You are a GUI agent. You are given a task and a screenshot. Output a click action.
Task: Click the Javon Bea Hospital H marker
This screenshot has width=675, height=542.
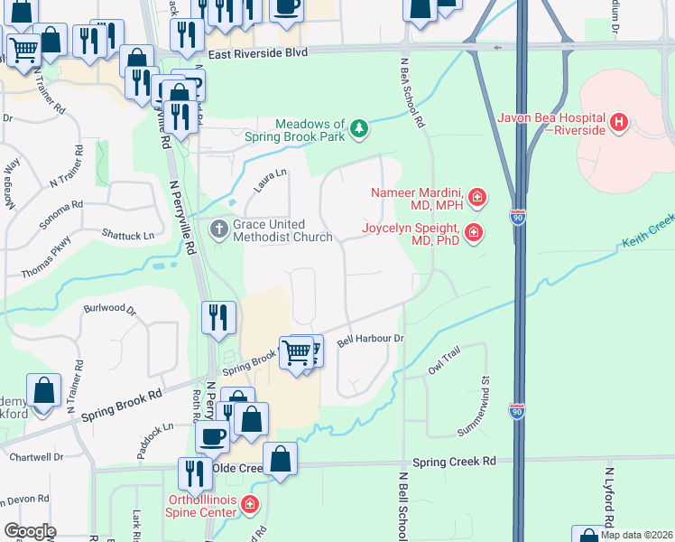[619, 121]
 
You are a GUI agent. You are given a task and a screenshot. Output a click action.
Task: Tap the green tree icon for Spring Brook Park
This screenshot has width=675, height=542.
[360, 129]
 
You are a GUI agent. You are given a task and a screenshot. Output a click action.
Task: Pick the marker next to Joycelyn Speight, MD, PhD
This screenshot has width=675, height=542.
[474, 234]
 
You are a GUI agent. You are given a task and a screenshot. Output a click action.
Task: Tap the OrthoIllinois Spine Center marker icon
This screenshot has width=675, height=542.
[250, 505]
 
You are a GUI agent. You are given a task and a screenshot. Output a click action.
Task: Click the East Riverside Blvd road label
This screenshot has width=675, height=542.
[257, 52]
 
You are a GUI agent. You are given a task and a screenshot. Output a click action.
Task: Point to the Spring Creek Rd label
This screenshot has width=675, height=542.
[455, 461]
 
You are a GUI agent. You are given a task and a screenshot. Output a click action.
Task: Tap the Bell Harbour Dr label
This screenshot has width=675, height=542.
[368, 341]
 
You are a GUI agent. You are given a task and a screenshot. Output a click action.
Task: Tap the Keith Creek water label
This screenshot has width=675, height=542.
[648, 231]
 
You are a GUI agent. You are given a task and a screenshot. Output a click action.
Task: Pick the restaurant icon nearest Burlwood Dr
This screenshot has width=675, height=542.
[219, 317]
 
